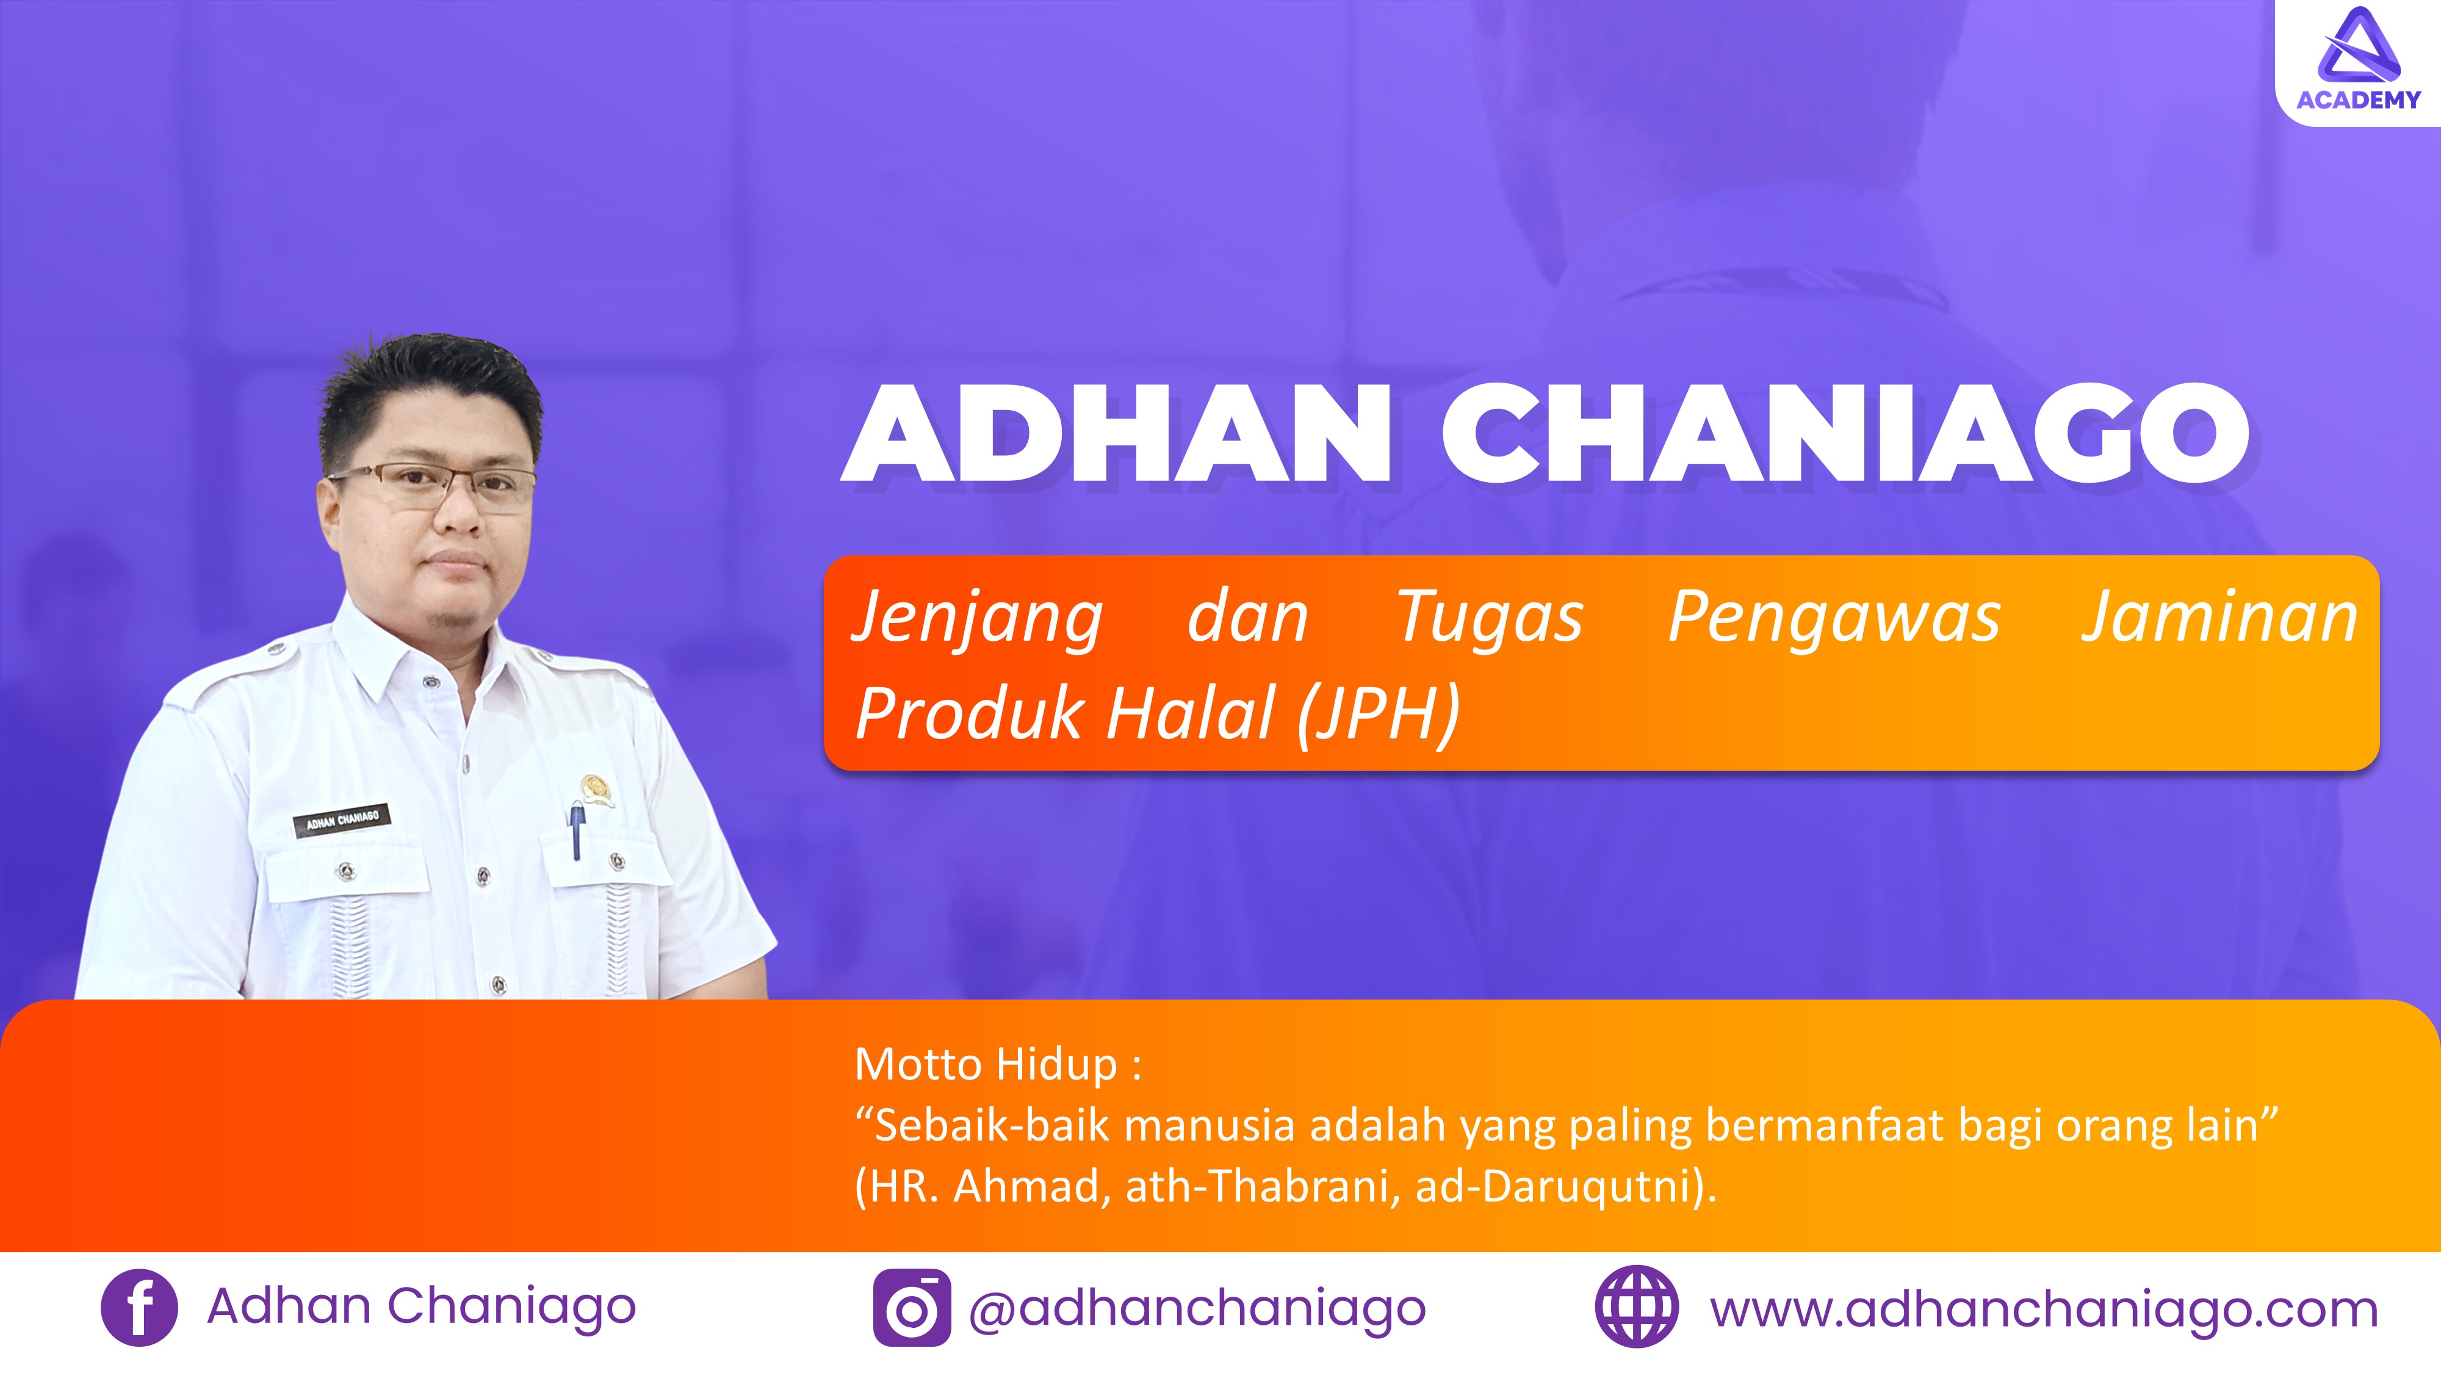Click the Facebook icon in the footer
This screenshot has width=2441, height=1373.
point(139,1308)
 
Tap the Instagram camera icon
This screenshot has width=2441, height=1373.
point(912,1308)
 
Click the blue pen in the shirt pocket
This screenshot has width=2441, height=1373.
point(576,829)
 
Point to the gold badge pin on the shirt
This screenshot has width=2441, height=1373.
point(596,789)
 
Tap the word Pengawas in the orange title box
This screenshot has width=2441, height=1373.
point(1834,618)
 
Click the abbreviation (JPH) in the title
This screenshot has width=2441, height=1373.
point(1379,713)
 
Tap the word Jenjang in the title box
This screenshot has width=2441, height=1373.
point(977,618)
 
